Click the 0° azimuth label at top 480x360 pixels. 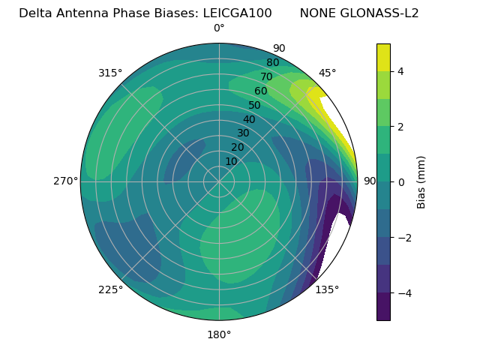tap(219, 28)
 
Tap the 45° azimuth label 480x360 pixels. tap(327, 73)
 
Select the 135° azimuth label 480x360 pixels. tap(327, 289)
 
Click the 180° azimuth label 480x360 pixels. tap(219, 334)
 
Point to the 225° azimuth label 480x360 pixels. tap(110, 289)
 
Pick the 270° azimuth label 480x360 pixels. tap(65, 181)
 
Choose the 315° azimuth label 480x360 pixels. tap(110, 73)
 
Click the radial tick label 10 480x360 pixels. tap(231, 161)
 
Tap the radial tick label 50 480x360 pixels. tap(254, 105)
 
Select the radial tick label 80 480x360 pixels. tap(272, 62)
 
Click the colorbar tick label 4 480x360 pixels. tap(400, 71)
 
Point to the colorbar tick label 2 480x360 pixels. tap(400, 127)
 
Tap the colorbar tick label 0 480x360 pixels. tap(400, 181)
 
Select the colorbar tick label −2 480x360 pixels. tap(403, 237)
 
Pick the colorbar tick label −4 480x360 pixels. tap(403, 292)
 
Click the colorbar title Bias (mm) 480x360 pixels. tap(421, 181)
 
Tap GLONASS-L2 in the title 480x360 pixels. tap(379, 13)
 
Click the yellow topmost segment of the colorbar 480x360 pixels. tap(383, 57)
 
